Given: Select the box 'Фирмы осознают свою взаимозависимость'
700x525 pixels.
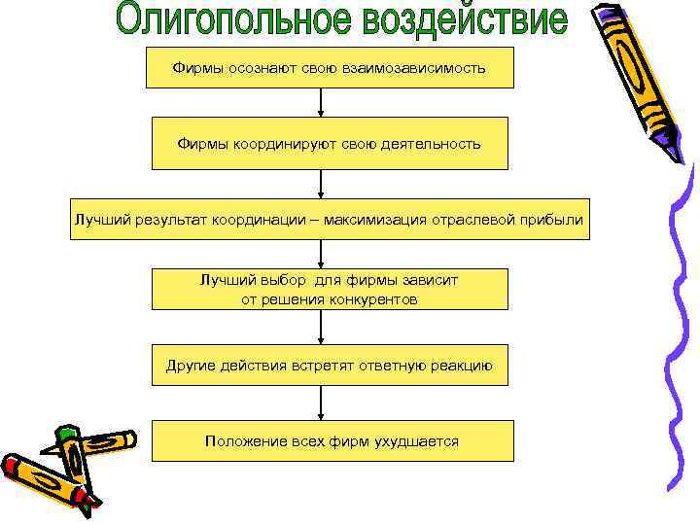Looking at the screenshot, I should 329,68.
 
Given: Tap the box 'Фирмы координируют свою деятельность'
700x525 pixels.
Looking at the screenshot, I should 329,143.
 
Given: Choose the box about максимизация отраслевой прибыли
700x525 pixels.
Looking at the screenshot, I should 329,220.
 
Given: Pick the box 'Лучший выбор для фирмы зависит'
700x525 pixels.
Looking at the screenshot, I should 329,290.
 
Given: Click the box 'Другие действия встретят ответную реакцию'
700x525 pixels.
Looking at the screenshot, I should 329,366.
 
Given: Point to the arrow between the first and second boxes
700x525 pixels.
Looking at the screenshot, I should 321,102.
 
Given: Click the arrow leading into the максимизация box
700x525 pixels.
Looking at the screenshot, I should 321,183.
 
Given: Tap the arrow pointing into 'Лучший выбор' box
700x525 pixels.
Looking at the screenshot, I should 321,254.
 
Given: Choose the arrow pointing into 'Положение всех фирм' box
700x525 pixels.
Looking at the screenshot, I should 321,402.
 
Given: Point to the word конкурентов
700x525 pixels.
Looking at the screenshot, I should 376,300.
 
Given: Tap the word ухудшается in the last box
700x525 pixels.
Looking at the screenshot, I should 414,441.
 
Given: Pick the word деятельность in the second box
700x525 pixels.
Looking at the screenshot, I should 433,144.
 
